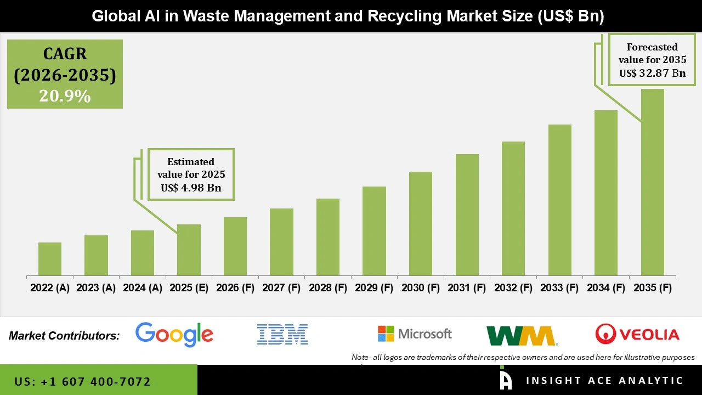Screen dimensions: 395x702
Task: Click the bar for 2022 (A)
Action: point(50,259)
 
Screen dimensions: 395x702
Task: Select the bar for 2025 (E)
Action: point(189,250)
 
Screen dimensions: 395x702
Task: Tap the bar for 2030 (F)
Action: point(420,223)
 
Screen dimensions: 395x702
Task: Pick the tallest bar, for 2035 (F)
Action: point(652,182)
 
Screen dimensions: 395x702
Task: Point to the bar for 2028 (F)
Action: point(328,237)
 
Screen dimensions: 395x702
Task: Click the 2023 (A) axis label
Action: point(96,288)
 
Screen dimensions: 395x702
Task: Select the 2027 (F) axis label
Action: point(281,288)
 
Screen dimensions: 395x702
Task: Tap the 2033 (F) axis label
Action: point(559,288)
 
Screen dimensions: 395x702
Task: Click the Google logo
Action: point(174,334)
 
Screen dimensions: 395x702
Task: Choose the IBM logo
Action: point(282,334)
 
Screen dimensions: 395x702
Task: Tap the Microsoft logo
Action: point(415,334)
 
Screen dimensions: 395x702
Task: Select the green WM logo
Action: point(521,335)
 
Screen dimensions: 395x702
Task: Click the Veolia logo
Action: point(637,334)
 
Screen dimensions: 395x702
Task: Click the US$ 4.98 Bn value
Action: point(191,188)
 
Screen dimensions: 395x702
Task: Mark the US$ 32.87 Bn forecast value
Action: point(652,73)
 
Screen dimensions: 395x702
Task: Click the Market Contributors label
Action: point(64,336)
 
